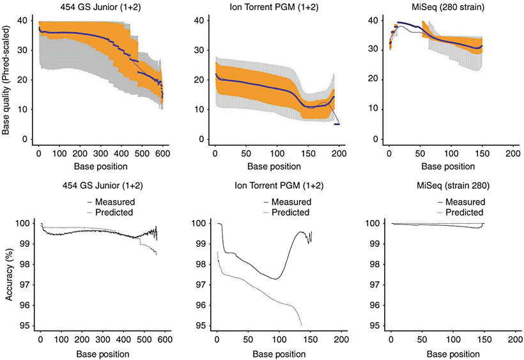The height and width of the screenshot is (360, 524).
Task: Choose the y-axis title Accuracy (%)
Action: click(8, 274)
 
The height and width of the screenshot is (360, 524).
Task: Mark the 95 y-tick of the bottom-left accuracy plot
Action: click(25, 326)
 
